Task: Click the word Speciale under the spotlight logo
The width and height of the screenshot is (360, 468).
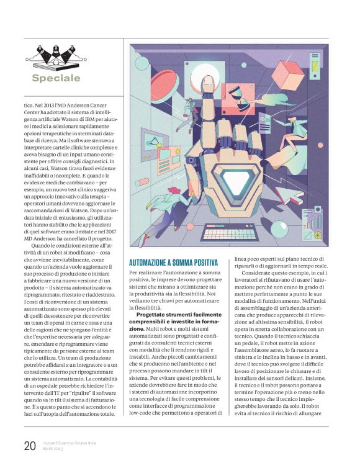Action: [x=56, y=79]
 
